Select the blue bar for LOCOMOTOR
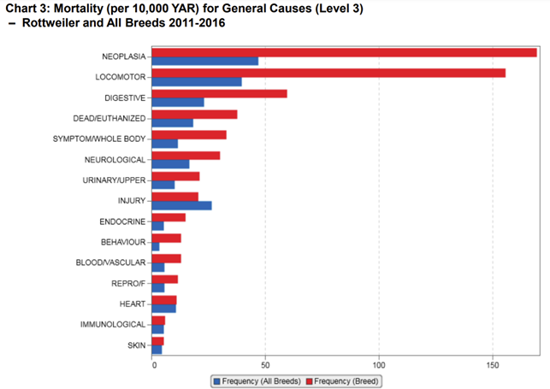pos(196,82)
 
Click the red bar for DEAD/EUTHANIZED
pos(194,114)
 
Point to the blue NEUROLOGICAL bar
pos(169,164)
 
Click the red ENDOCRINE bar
pos(168,217)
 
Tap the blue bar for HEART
pos(163,308)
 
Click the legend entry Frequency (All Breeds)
pos(257,380)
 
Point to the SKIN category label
pos(136,345)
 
